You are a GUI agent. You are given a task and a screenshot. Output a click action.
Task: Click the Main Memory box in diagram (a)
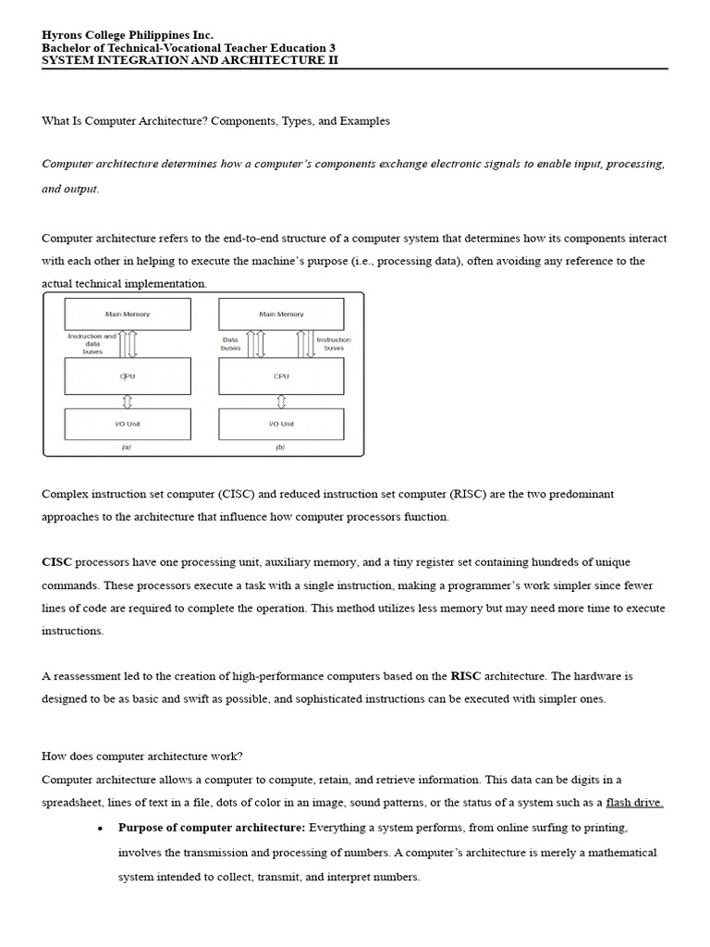point(128,314)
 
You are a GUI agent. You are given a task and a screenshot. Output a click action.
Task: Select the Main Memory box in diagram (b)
point(281,314)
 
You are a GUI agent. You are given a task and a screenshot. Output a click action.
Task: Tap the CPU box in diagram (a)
point(128,376)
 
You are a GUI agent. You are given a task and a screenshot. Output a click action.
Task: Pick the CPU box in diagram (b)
point(281,376)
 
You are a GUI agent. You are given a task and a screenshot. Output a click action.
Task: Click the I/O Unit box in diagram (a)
point(128,424)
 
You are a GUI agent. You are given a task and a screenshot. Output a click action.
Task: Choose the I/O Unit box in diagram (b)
point(281,424)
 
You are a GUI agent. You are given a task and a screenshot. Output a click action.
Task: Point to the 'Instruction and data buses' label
point(92,344)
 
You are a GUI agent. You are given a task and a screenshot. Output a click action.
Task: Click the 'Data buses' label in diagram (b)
point(231,344)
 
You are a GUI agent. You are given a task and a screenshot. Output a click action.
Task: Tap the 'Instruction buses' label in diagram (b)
point(334,344)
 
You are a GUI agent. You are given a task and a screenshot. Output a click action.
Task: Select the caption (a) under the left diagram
point(128,447)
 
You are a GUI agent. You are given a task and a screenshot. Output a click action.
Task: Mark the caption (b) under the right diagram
point(281,447)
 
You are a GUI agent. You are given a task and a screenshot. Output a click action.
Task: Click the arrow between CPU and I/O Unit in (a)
point(128,401)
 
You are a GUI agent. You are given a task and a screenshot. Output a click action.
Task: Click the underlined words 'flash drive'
point(634,803)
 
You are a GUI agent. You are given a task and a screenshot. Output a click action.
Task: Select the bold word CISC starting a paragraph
point(56,562)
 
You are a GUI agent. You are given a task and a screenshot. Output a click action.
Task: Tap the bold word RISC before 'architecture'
point(466,676)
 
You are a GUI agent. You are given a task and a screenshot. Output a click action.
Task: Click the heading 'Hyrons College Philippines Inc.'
point(128,35)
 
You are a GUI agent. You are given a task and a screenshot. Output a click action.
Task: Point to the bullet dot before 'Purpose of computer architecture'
point(99,828)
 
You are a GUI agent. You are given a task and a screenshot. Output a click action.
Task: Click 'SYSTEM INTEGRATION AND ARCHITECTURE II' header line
point(190,60)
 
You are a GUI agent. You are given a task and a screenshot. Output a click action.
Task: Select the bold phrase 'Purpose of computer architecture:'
point(212,827)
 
